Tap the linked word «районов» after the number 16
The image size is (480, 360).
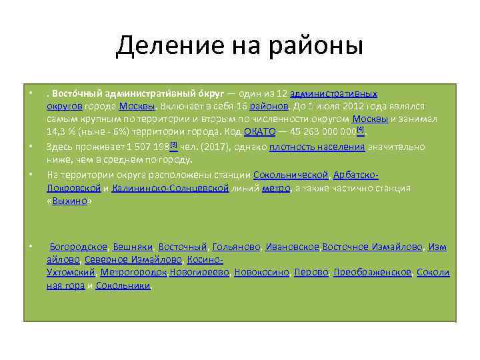click(269, 107)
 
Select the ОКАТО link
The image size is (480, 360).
click(255, 132)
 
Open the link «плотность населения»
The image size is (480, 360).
click(317, 147)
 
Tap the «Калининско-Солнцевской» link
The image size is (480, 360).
click(171, 189)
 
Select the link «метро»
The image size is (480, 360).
click(276, 189)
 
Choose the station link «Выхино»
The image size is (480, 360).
click(70, 201)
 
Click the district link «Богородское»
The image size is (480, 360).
click(79, 247)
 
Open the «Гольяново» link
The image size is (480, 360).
click(236, 247)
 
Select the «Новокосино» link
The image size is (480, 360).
click(261, 273)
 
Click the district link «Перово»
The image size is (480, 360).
click(311, 273)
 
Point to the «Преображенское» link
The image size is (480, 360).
click(373, 273)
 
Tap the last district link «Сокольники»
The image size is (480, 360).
click(123, 285)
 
